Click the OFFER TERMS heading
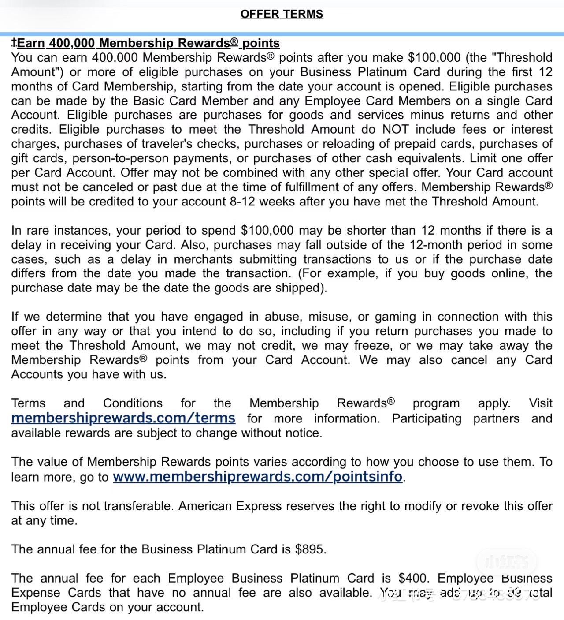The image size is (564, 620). click(282, 14)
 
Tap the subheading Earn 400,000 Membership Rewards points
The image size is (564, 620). click(148, 43)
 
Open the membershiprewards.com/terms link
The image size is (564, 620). click(123, 418)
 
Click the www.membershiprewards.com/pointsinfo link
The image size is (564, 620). click(257, 477)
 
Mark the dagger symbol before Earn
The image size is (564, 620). click(14, 42)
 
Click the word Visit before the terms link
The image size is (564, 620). click(540, 403)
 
